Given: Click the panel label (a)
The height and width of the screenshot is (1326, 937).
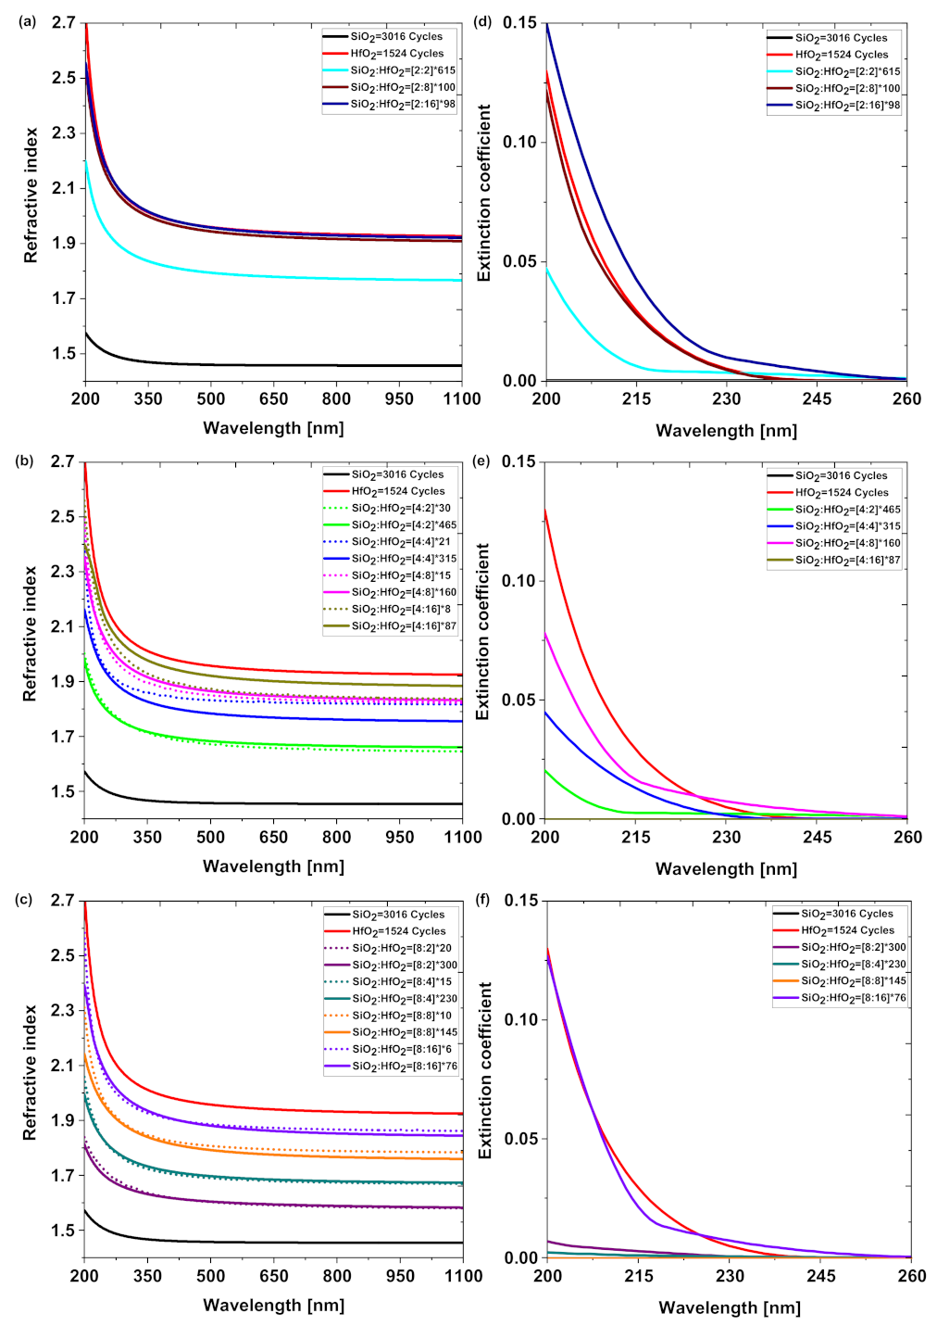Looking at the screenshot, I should point(27,21).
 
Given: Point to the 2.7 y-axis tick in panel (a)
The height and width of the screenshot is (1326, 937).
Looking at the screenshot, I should point(63,22).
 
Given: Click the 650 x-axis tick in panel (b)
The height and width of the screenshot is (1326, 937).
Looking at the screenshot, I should point(273,838).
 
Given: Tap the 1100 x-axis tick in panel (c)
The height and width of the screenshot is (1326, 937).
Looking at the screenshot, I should point(462,1276).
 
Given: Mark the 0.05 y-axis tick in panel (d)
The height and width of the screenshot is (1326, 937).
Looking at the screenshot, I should point(519,261).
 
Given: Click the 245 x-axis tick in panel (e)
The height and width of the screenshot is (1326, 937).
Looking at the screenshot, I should point(817,838).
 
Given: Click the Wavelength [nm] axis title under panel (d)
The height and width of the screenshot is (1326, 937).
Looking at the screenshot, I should point(726,431).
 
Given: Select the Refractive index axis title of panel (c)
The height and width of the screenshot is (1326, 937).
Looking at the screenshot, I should point(31,1072).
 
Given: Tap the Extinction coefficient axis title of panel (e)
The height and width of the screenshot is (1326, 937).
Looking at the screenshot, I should point(482,632).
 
